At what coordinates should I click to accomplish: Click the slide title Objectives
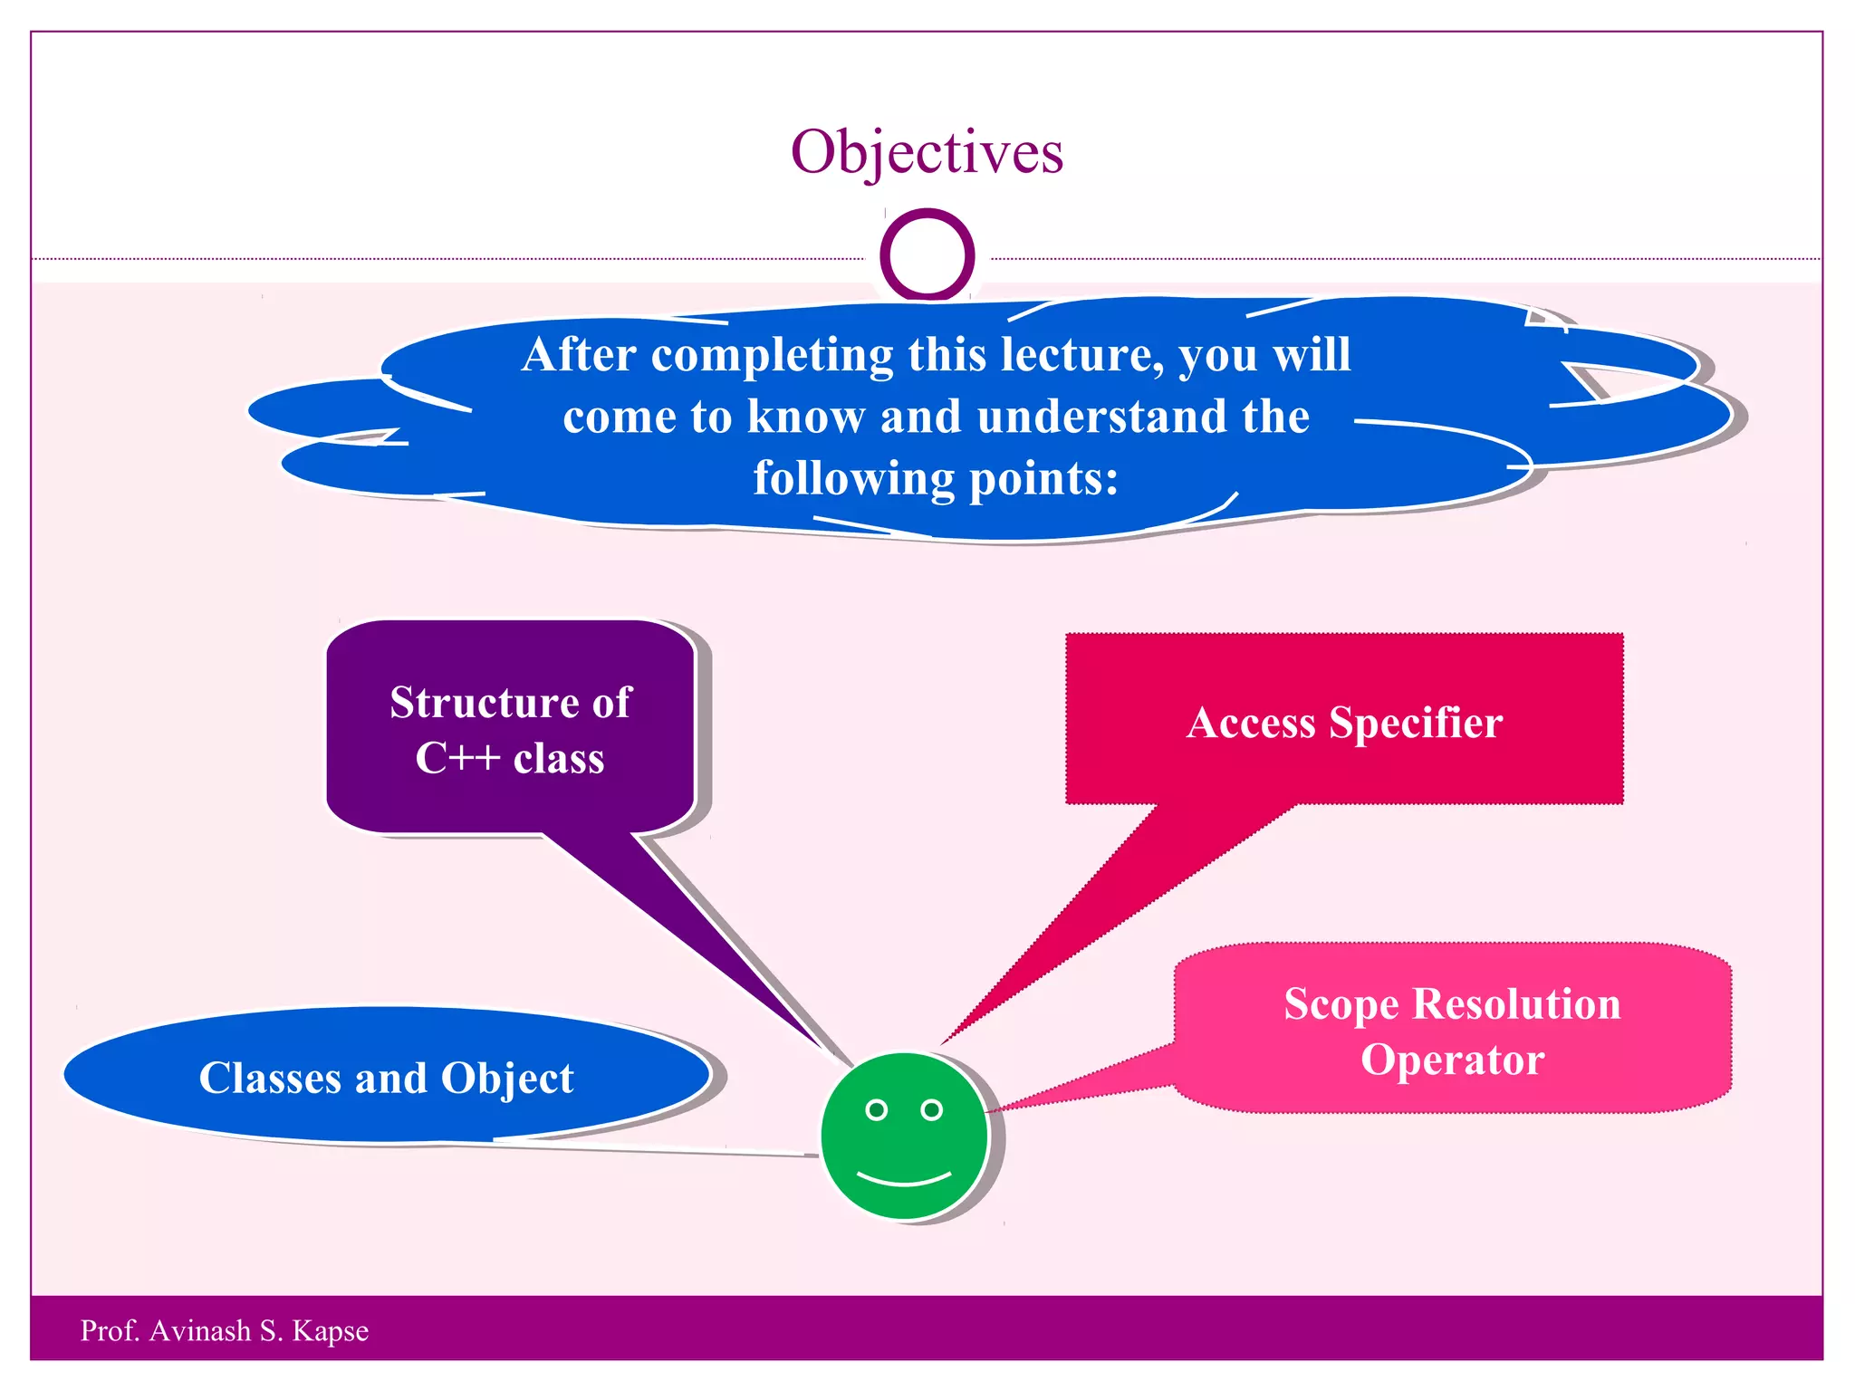[927, 152]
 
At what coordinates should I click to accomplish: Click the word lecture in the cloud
[1080, 355]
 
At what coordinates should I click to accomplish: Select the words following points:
[936, 478]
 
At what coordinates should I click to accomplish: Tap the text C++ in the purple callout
[457, 758]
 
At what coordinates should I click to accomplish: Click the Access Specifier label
[1344, 723]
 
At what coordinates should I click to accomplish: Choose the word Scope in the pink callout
[1341, 1004]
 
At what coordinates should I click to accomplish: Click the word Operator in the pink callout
[1452, 1060]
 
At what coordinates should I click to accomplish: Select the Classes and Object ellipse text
[386, 1078]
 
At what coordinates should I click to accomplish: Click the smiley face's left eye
[876, 1109]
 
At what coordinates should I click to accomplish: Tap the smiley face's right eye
[931, 1109]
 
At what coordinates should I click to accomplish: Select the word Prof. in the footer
[107, 1330]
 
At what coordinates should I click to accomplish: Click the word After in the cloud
[579, 355]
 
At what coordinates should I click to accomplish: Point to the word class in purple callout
[558, 758]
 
